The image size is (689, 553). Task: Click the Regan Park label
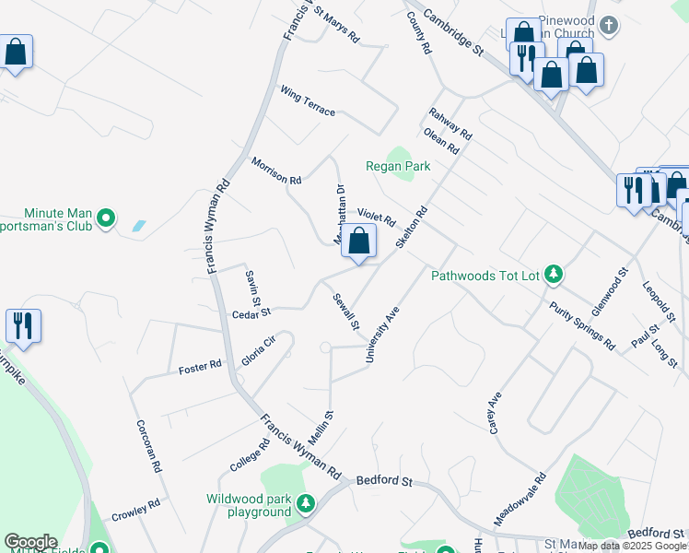pos(398,166)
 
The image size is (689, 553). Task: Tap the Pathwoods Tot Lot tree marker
pos(554,274)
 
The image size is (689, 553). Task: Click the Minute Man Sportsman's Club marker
pos(106,218)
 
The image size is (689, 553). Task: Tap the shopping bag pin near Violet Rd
pos(360,242)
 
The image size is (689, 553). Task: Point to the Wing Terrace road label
pos(309,101)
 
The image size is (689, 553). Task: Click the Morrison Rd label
pos(276,171)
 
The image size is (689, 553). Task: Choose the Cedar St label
pos(251,312)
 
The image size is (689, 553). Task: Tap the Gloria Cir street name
pos(259,351)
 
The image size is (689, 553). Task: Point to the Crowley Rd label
pos(135,510)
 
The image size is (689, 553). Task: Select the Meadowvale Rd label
pos(520,500)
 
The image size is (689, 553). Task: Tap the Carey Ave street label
pos(495,412)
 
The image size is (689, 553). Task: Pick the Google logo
pos(30,542)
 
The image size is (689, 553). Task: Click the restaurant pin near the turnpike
pos(23,326)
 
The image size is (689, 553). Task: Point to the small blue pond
pos(138,225)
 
